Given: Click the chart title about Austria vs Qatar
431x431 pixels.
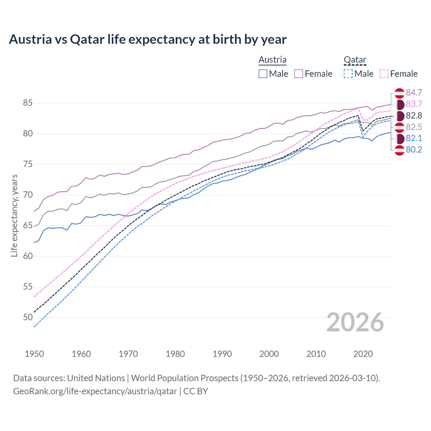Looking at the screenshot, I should click(x=147, y=39).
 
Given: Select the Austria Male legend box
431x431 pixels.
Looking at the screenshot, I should click(x=263, y=74).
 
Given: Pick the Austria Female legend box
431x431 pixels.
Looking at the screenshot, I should click(x=299, y=74).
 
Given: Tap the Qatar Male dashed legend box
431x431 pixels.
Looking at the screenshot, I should click(x=348, y=74).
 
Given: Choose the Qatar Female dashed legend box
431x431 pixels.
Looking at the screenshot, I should click(x=384, y=74).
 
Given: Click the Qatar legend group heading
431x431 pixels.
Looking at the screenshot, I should click(x=355, y=60).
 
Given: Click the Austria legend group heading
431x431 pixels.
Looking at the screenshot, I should click(x=272, y=60).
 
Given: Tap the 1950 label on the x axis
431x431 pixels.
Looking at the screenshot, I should click(x=34, y=354).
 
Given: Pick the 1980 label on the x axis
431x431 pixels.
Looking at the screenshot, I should click(x=175, y=354).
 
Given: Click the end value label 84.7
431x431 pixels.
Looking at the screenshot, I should click(x=414, y=93).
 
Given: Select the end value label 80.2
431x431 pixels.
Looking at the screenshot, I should click(x=414, y=150).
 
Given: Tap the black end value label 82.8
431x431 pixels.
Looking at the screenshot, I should click(x=414, y=116).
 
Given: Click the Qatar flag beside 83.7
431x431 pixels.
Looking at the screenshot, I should click(x=399, y=104).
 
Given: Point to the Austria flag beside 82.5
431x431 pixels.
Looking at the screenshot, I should click(x=399, y=127).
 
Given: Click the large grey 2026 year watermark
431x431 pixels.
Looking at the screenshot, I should click(x=355, y=322).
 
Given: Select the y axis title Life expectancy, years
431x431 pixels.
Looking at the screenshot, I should click(x=14, y=215).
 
